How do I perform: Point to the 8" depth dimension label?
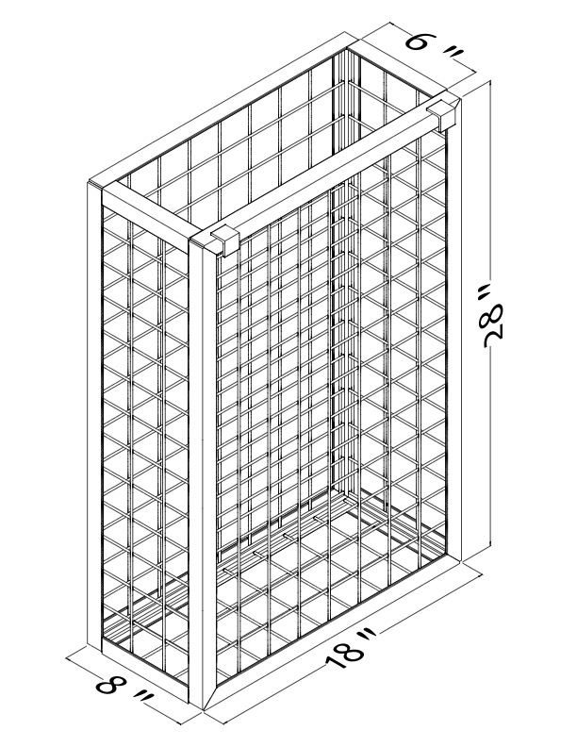(x=125, y=691)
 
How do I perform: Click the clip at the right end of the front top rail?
(x=442, y=115)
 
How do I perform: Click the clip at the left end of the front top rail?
(x=224, y=241)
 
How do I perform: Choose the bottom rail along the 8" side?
(x=145, y=670)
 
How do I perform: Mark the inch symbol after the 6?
(x=453, y=57)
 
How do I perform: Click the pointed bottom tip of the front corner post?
(x=204, y=708)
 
